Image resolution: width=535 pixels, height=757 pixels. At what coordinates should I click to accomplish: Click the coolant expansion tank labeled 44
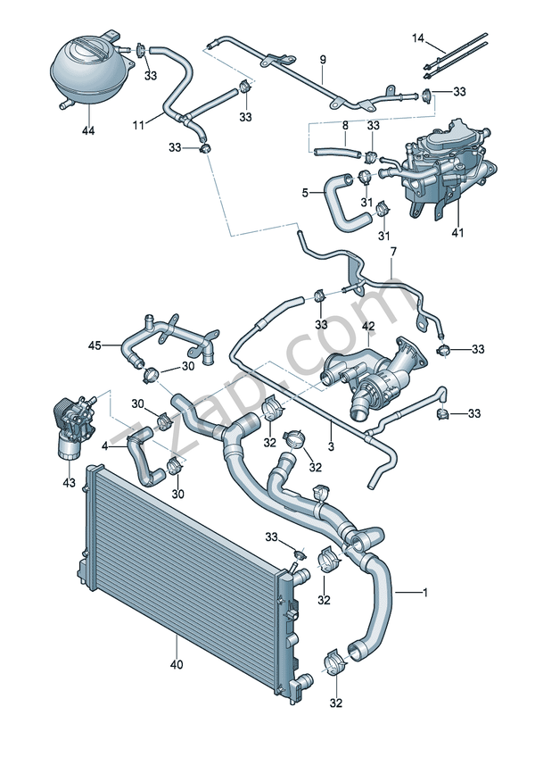point(89,69)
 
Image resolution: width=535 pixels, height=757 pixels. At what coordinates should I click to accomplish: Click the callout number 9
point(323,60)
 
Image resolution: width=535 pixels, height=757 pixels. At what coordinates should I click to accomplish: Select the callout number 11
point(138,126)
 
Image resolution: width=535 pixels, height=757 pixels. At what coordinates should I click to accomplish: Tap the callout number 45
point(95,345)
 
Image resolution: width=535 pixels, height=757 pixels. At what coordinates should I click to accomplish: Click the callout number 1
point(425,592)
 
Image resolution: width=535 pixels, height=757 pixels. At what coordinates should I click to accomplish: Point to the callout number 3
point(331,446)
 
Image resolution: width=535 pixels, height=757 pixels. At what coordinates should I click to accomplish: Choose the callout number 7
point(392,252)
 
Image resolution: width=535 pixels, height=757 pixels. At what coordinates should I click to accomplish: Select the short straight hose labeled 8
point(337,152)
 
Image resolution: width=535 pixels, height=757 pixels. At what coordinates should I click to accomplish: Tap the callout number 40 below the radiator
point(177,665)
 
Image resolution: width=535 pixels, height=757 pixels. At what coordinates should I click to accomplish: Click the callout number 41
point(457,233)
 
